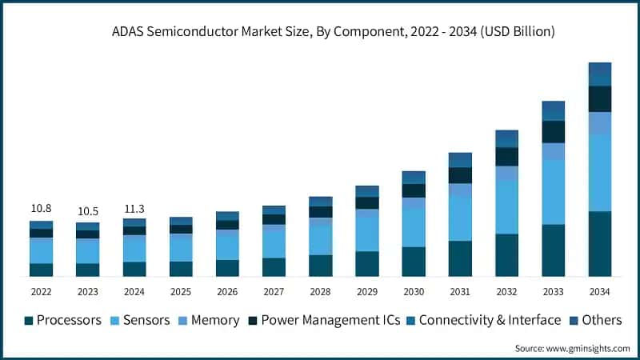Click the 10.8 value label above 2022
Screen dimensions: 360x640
[x=41, y=209]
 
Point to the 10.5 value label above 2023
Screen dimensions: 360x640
[x=88, y=211]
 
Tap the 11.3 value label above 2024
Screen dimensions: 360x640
[x=134, y=209]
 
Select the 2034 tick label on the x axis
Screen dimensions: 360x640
[x=600, y=290]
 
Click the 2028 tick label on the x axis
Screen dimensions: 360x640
[x=321, y=290]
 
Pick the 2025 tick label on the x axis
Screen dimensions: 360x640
[x=181, y=290]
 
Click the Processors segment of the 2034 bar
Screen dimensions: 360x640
[x=600, y=244]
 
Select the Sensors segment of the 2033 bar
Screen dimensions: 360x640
[x=554, y=192]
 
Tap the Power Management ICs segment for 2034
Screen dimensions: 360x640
[x=600, y=99]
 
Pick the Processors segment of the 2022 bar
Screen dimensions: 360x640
[x=41, y=270]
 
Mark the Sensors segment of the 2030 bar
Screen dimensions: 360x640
[x=414, y=228]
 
